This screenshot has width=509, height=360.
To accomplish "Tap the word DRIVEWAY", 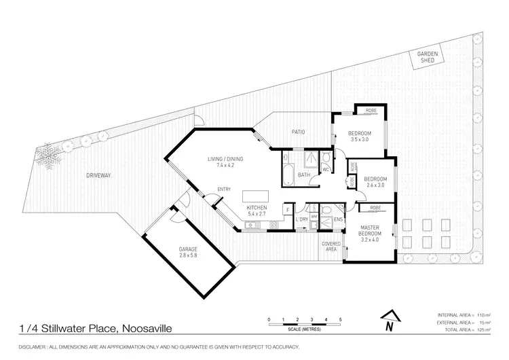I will pyautogui.click(x=99, y=175).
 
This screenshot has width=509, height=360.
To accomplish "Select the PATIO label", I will pyautogui.click(x=298, y=132).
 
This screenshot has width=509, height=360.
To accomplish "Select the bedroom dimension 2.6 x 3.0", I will pyautogui.click(x=375, y=184).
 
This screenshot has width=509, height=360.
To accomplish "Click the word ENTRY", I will pyautogui.click(x=223, y=190).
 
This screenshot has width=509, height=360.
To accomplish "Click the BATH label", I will pyautogui.click(x=303, y=175).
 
